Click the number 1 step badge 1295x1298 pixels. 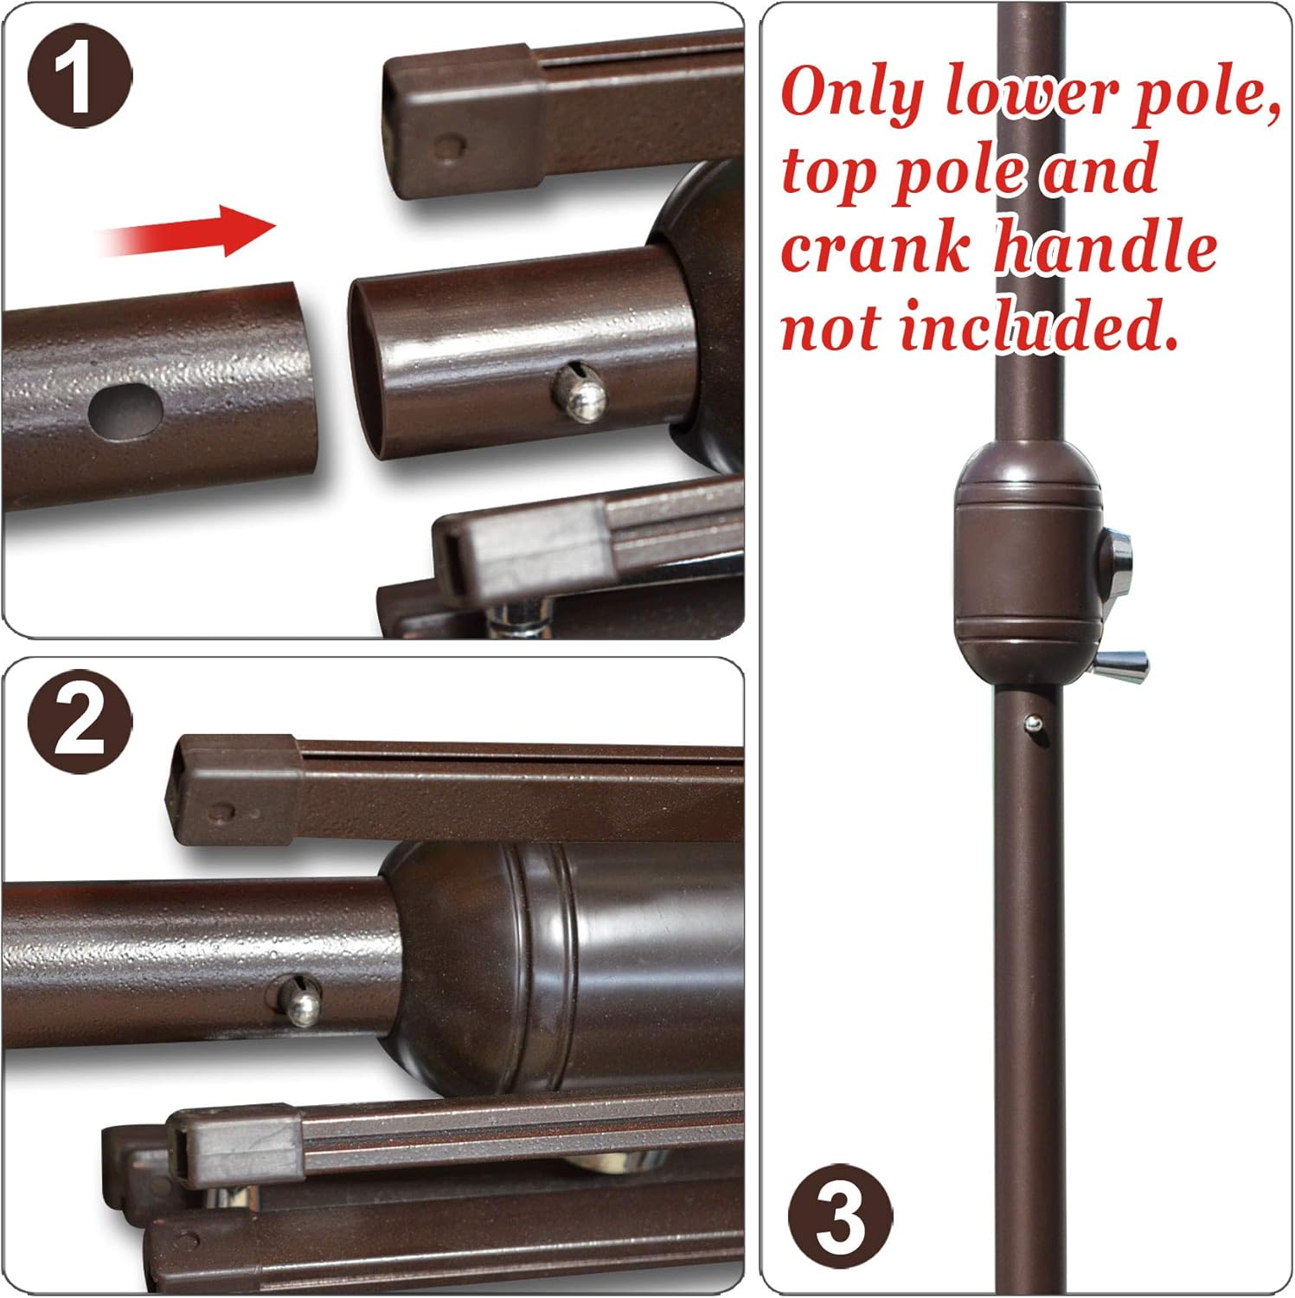(x=79, y=77)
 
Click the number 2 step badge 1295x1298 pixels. (x=80, y=721)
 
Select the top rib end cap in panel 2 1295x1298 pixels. (x=234, y=789)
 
